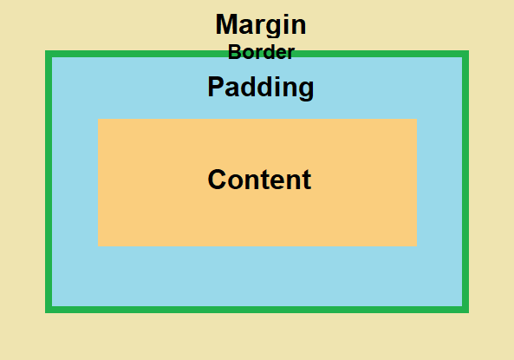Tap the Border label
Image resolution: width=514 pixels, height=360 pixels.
261,52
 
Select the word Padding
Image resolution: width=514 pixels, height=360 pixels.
261,88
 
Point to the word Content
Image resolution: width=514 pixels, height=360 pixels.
259,180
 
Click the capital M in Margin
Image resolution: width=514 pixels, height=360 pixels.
226,24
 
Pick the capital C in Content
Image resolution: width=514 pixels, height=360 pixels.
217,180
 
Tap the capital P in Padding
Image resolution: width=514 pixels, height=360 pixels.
216,86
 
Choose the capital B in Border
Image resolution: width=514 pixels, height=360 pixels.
235,52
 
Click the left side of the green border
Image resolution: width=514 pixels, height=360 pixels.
49,181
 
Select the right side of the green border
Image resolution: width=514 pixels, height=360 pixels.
465,181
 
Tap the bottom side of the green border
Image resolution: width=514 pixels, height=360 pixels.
257,310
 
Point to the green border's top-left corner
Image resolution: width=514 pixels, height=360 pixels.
46,51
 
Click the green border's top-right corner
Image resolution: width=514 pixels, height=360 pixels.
469,51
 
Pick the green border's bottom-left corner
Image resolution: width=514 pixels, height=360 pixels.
46,312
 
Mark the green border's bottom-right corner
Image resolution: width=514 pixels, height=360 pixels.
469,312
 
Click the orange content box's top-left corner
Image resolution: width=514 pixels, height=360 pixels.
98,119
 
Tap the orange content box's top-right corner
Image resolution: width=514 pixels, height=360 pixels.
417,119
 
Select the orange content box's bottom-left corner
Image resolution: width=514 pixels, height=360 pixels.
98,245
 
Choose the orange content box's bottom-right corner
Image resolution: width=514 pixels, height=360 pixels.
417,245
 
